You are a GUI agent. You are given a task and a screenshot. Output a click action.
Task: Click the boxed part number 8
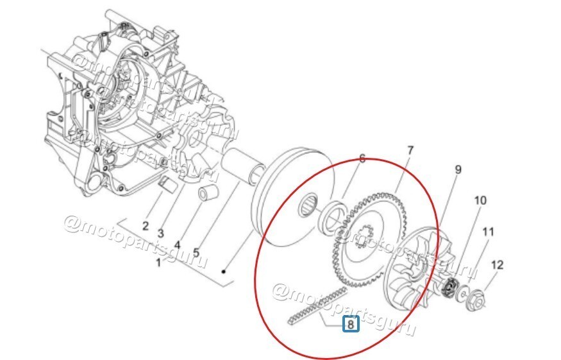[351, 325]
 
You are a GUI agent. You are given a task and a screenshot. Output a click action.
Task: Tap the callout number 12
[498, 264]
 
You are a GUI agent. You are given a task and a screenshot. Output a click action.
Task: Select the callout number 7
[410, 151]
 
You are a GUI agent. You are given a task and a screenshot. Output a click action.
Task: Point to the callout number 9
[458, 170]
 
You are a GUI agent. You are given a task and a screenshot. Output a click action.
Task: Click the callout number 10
[480, 201]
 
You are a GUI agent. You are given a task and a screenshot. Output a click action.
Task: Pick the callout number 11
[488, 232]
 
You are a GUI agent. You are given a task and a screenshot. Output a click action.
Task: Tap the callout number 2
[146, 225]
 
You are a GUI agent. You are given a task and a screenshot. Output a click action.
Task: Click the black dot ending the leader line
[223, 271]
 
